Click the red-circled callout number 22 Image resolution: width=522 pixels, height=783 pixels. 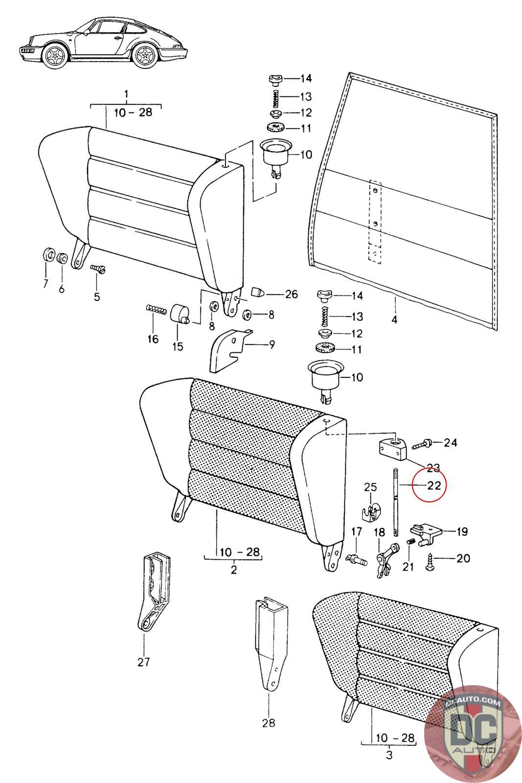[x=434, y=485]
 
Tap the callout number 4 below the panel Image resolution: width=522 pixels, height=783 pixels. [x=394, y=320]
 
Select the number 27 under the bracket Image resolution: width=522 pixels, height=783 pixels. [x=144, y=662]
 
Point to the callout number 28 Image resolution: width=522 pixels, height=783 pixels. [x=268, y=722]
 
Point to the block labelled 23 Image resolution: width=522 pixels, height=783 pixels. [x=393, y=450]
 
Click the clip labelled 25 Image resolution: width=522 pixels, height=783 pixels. [x=370, y=512]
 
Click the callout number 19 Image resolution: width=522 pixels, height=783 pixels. [x=462, y=531]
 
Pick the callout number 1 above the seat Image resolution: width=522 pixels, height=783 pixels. [x=126, y=94]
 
